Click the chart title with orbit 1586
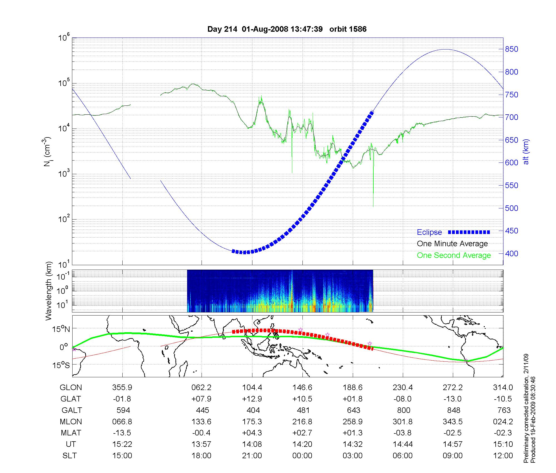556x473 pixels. (287, 29)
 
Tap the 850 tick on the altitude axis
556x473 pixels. (512, 49)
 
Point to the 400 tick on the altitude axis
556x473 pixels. (512, 253)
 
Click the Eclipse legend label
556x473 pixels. (429, 232)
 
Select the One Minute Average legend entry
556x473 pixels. (452, 244)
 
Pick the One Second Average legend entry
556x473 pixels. (454, 255)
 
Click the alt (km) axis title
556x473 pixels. (526, 152)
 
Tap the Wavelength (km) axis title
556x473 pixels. (49, 291)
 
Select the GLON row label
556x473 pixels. (71, 388)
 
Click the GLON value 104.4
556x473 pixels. (252, 388)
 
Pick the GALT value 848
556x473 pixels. (453, 410)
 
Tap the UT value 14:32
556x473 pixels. (353, 444)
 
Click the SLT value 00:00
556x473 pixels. (302, 456)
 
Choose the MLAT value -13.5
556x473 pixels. (122, 433)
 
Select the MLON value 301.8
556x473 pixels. (403, 422)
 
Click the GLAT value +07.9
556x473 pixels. (201, 399)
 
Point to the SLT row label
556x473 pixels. (70, 456)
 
